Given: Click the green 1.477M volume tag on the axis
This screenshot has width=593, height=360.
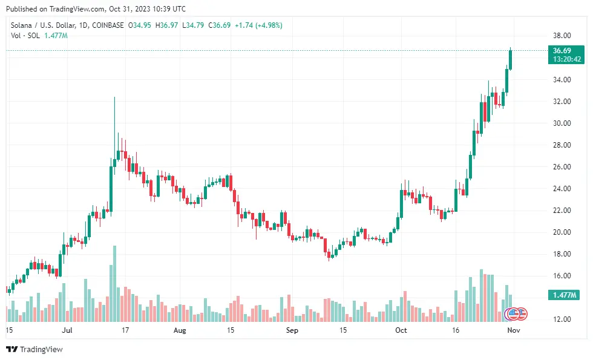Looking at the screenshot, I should (563, 295).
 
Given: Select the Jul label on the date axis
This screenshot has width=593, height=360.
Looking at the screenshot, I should (67, 331).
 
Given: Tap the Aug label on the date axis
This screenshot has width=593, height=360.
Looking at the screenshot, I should (180, 331).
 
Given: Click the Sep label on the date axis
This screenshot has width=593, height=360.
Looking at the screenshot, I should (292, 331).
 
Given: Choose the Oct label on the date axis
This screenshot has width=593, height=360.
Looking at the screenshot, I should (401, 331).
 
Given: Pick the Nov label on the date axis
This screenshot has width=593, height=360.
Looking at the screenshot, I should (513, 331).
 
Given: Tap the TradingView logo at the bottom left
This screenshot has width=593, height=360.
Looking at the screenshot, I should (34, 349).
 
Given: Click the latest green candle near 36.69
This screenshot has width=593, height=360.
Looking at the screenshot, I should (511, 59).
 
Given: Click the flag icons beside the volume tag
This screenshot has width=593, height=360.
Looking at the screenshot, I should (516, 314).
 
